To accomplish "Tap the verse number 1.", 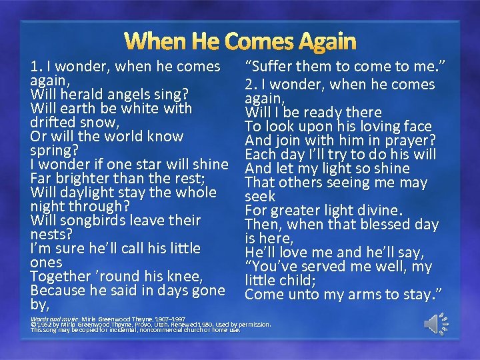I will tap(34, 67).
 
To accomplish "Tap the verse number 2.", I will tap(249, 85).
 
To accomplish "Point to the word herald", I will tap(75, 94).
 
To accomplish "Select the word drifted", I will tap(53, 123).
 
